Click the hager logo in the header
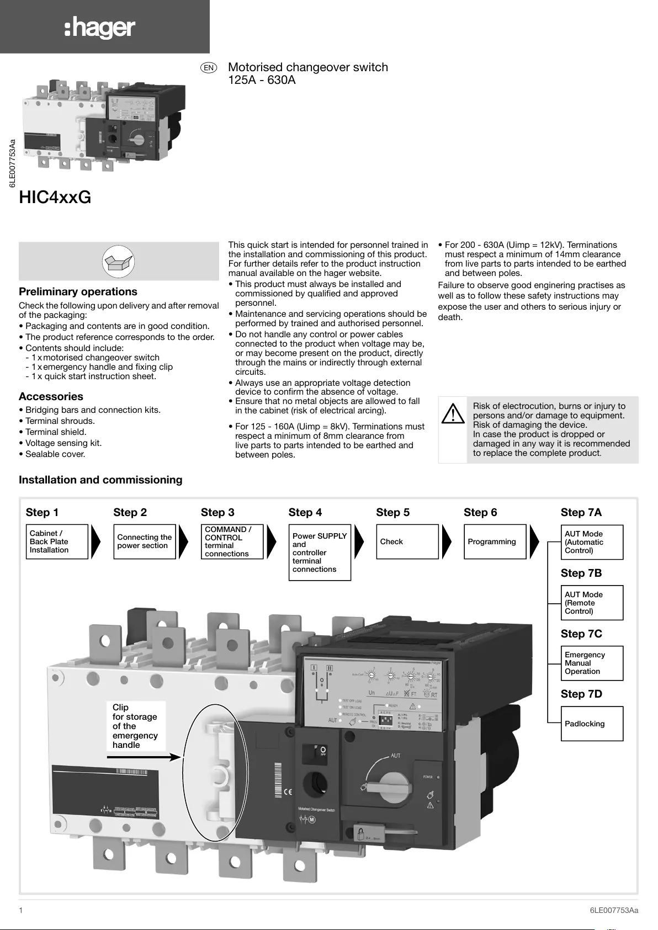100,28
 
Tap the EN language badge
209,68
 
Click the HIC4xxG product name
55,197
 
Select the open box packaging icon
118,261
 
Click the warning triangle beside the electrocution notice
453,414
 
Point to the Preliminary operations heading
78,291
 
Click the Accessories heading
51,396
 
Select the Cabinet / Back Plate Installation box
57,541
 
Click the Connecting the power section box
144,541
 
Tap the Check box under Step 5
407,541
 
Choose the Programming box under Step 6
495,541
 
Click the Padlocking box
592,724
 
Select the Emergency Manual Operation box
592,663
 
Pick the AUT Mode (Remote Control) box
592,603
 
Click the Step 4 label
305,512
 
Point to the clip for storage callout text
135,726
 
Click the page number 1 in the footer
21,910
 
